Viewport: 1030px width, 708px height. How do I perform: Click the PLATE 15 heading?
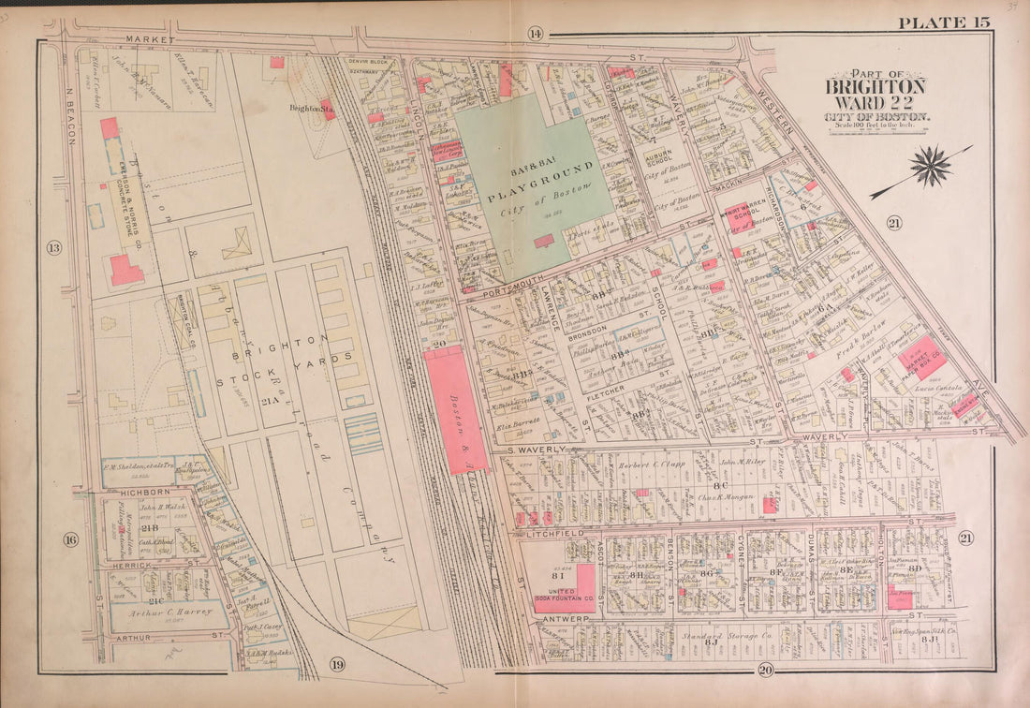[x=943, y=22]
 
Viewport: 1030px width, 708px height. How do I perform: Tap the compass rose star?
[x=930, y=167]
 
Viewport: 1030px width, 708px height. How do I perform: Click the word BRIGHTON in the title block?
[x=875, y=87]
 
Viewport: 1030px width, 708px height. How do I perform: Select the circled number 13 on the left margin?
[x=53, y=248]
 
